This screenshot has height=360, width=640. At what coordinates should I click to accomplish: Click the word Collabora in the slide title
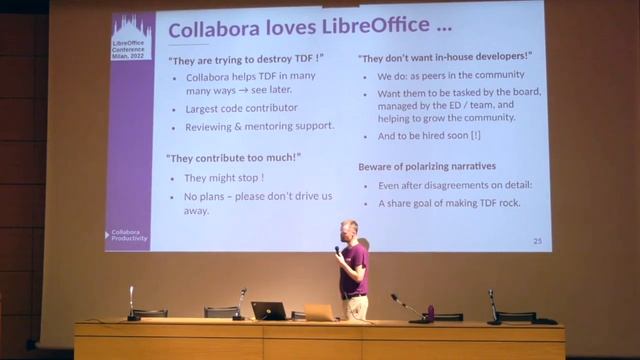coord(205,30)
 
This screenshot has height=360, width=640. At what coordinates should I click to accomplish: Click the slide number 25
coord(537,241)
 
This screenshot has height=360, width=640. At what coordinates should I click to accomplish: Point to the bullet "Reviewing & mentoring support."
coord(259,128)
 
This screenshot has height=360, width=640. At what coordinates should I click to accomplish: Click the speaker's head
coord(349,231)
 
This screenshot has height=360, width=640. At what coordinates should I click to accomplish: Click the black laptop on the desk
coord(268,311)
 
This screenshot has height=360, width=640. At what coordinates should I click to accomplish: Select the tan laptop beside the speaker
coord(319,313)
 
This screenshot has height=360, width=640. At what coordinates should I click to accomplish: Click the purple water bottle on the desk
coord(431,312)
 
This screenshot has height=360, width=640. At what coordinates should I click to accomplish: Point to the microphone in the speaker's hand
coord(338,251)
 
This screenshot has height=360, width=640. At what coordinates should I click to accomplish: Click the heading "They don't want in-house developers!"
coord(444,57)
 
